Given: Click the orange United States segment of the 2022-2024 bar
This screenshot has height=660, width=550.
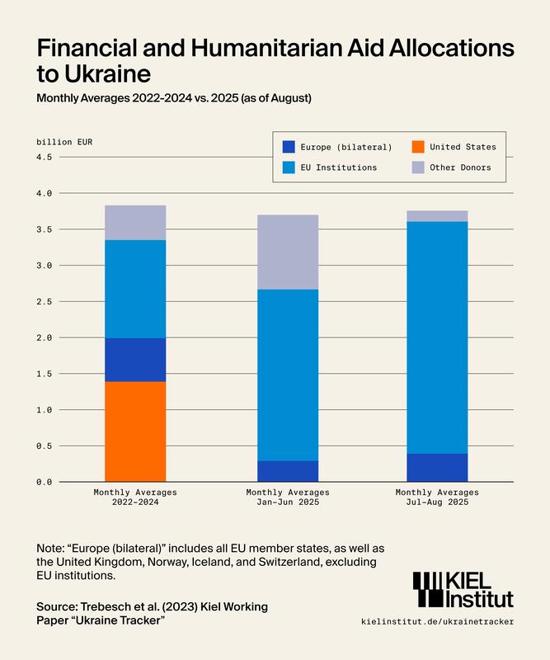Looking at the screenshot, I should tap(135, 431).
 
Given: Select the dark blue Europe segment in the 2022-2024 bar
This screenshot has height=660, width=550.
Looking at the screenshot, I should tap(135, 360).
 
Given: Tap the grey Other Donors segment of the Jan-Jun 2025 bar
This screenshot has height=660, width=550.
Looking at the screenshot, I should tap(288, 252).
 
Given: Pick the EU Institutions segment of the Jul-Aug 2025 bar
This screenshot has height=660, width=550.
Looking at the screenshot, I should tap(437, 337).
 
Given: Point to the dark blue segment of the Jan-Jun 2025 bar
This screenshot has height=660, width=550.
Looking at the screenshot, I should tap(288, 471).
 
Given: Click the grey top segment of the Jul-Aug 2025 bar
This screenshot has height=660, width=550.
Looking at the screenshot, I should tap(437, 216).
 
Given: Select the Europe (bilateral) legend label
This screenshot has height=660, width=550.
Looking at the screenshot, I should tap(346, 147).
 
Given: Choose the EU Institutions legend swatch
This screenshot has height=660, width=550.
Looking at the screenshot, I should tap(289, 167).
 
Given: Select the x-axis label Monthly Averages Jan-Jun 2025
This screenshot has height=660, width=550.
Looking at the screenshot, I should tap(288, 497).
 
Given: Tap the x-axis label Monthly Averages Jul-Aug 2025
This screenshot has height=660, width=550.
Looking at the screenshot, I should tap(437, 497).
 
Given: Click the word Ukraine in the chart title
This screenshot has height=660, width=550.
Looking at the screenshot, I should tap(108, 73).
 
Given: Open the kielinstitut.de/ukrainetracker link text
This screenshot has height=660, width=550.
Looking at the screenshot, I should tap(437, 620).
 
